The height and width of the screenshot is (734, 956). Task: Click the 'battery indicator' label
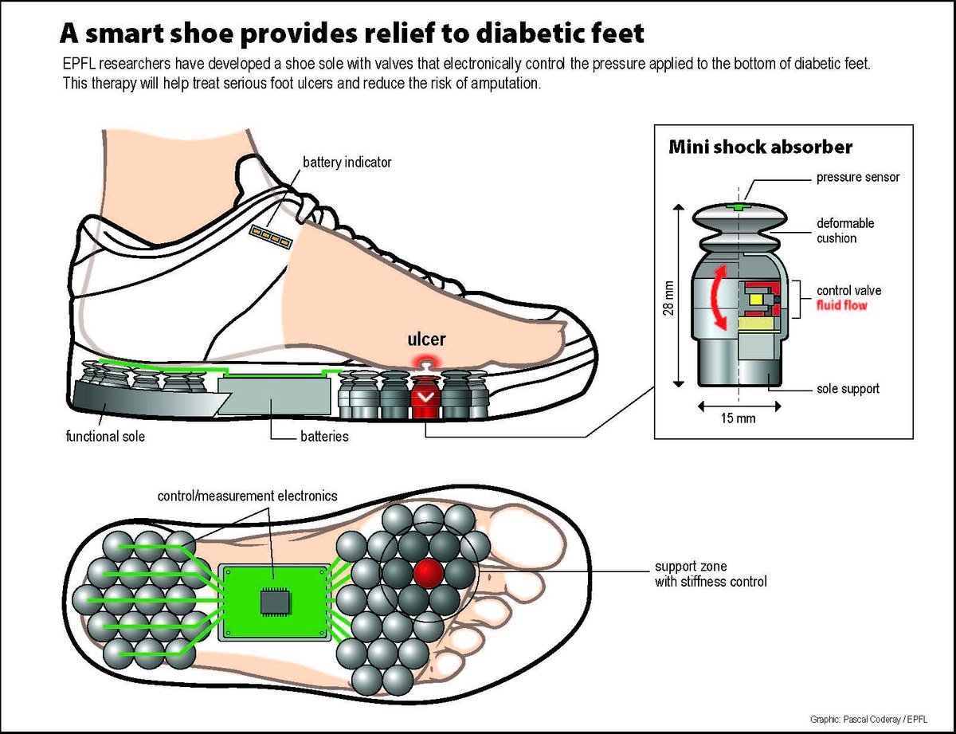pos(347,163)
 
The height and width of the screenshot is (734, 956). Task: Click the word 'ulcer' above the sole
pos(427,338)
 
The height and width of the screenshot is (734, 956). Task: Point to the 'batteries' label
pos(324,437)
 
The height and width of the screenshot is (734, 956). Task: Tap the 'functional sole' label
pos(105,437)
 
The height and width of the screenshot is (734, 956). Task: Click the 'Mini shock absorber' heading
pos(760,147)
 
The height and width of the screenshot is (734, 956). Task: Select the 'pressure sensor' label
pos(858,177)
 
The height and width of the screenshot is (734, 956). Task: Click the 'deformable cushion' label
pos(844,230)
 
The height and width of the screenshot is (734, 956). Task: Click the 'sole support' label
pos(848,389)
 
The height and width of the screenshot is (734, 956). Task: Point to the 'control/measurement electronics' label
pos(247,496)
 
